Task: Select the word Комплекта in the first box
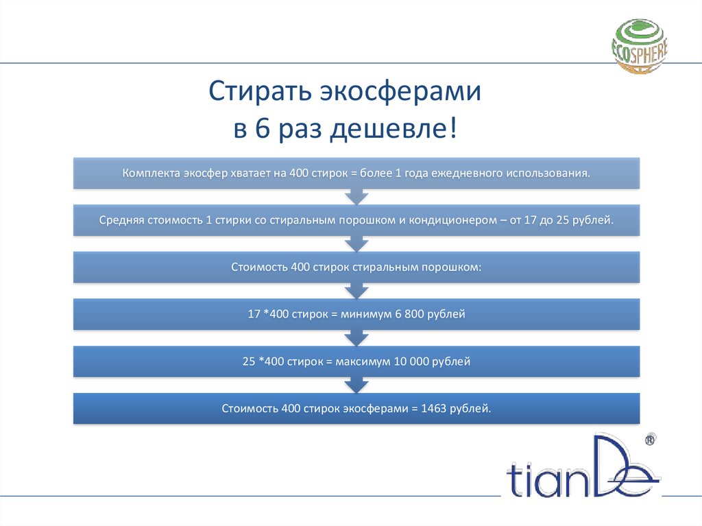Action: click(150, 173)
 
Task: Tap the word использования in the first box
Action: click(547, 173)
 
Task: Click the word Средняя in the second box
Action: click(122, 221)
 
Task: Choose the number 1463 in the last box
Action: click(429, 408)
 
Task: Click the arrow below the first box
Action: click(356, 196)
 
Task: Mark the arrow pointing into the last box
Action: click(356, 385)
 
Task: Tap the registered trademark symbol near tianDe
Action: click(650, 438)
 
